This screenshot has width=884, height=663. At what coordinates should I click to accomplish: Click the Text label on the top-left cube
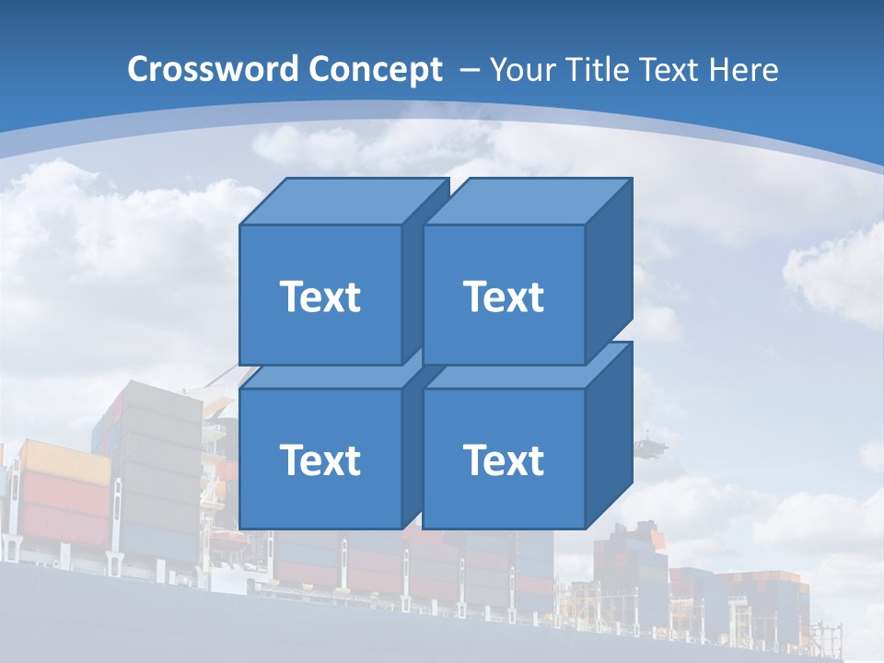(x=320, y=297)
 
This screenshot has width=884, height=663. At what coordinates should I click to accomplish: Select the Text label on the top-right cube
(x=504, y=297)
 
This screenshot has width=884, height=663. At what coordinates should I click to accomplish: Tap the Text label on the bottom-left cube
(x=320, y=459)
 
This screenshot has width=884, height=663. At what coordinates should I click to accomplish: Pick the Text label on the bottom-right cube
(x=504, y=459)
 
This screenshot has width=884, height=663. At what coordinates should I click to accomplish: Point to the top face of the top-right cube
(x=527, y=201)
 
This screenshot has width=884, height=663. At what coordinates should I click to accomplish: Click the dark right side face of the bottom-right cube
(x=609, y=437)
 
